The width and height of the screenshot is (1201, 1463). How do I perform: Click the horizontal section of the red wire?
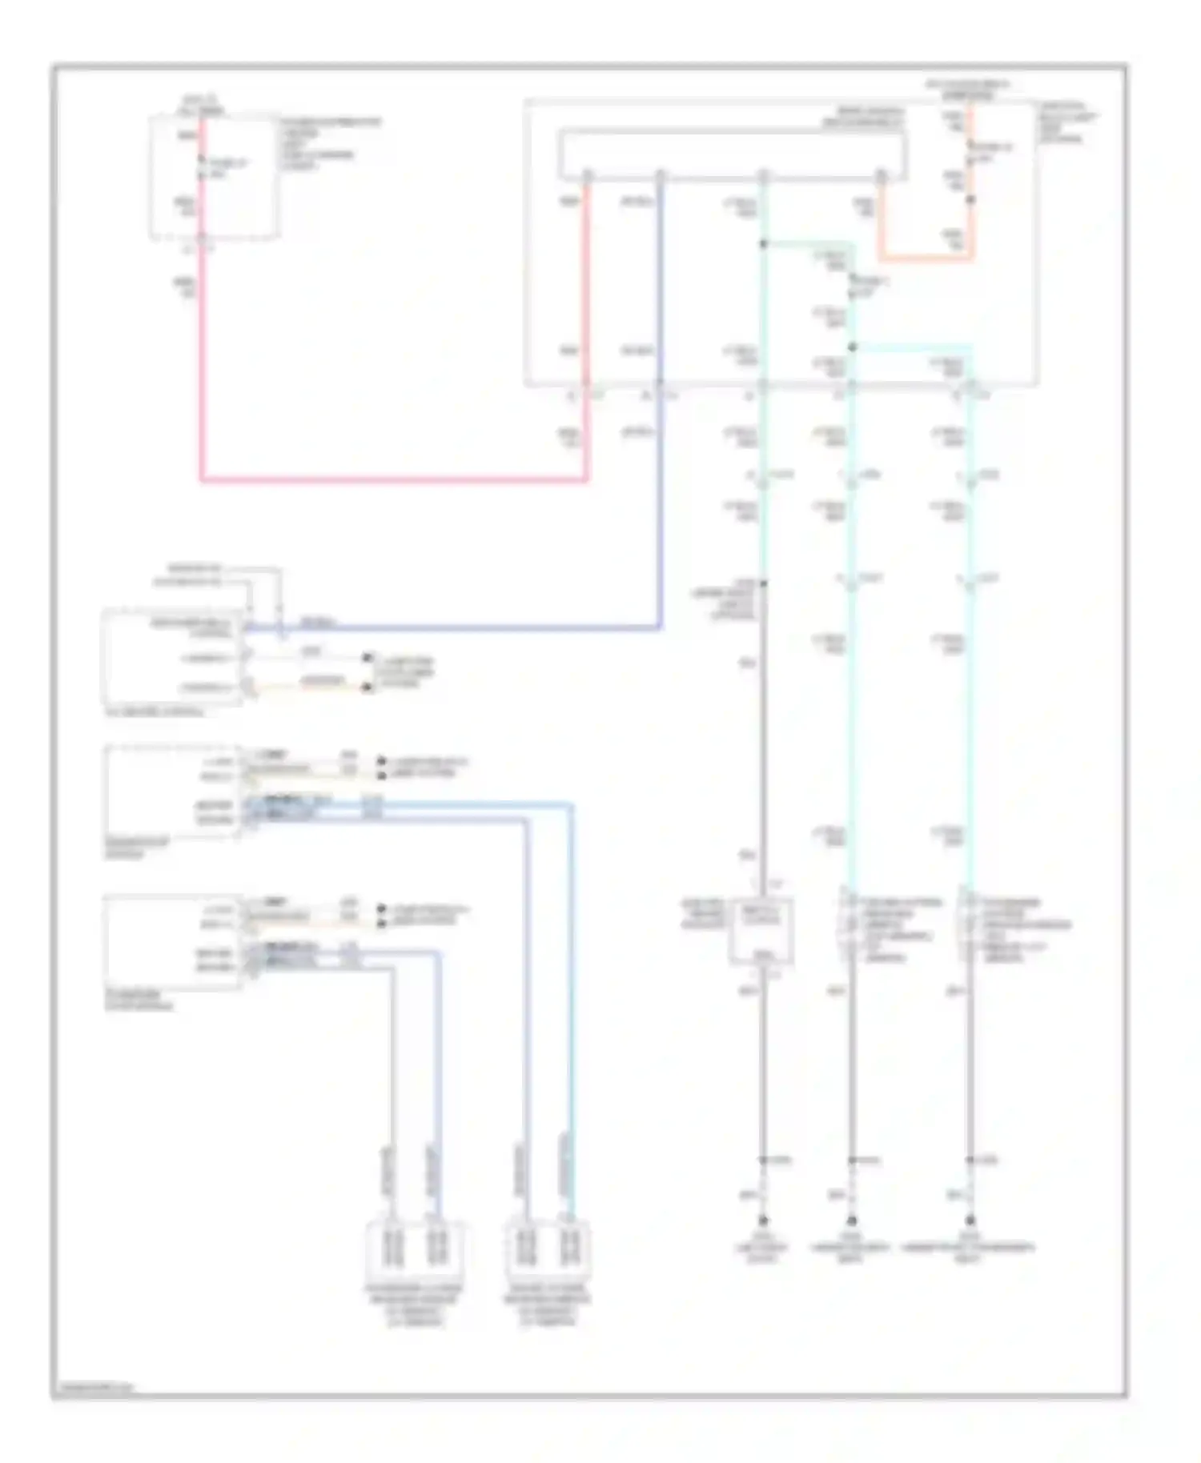point(392,480)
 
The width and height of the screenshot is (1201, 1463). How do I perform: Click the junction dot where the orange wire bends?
point(971,198)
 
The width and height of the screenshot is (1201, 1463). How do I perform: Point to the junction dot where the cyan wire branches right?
point(852,347)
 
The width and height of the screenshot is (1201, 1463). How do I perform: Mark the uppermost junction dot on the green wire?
point(763,243)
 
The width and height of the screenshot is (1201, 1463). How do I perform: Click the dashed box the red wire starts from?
point(215,176)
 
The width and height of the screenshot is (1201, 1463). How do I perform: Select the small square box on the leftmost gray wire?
point(761,931)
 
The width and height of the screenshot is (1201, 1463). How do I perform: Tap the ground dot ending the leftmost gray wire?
point(763,1221)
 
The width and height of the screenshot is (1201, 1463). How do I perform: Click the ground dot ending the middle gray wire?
point(852,1221)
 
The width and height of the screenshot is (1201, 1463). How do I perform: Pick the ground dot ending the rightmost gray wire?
point(970,1221)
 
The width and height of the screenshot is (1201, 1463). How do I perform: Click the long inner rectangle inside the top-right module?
point(733,154)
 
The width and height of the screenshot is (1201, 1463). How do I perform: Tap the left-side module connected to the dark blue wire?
point(172,656)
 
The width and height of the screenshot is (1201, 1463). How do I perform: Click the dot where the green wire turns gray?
point(763,583)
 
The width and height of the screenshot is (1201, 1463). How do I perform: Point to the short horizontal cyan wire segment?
point(913,347)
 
